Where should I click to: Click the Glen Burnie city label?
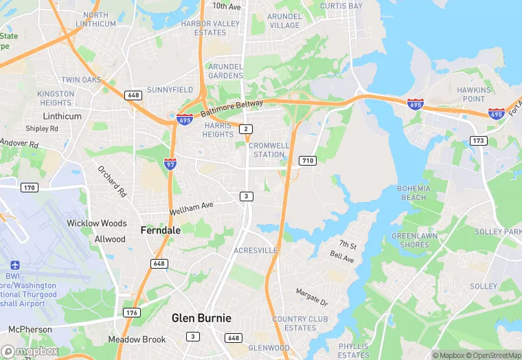point(201,318)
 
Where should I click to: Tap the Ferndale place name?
point(161,230)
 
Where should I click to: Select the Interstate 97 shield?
point(170,164)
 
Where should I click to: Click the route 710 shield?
point(307,161)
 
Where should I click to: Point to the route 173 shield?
point(479,141)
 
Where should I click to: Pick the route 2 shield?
point(246,129)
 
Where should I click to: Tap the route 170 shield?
point(29,188)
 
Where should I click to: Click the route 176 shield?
point(130,313)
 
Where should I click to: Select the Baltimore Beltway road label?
point(231,109)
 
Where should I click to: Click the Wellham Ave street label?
point(192,205)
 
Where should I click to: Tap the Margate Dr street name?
point(312,297)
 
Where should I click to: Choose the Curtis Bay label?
point(341,6)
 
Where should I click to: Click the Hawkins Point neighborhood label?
point(474,94)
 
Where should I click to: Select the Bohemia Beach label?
point(413,193)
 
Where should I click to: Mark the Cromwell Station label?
point(266,150)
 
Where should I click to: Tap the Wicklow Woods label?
point(97,223)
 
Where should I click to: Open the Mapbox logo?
point(30,351)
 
